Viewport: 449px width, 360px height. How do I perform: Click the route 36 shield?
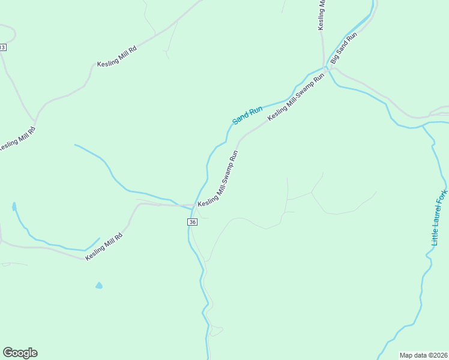coord(192,222)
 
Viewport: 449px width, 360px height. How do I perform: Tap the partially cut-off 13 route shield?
coord(2,47)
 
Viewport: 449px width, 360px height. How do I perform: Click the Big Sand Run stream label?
coord(344,49)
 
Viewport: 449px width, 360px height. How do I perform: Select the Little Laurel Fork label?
coord(440,218)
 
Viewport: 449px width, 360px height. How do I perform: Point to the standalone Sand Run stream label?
coord(247,115)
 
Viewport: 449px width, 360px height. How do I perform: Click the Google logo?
coord(20,353)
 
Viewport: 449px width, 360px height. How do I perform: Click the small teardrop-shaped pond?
coord(98,286)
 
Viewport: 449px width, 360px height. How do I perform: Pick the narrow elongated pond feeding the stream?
coord(13,208)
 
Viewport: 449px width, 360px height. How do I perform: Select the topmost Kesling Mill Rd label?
coord(118,56)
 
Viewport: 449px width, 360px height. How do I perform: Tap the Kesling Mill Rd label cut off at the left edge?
coord(17,139)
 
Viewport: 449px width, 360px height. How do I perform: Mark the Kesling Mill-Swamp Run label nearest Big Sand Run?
coord(296,97)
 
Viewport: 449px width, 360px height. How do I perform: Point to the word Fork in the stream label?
coord(444,197)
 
